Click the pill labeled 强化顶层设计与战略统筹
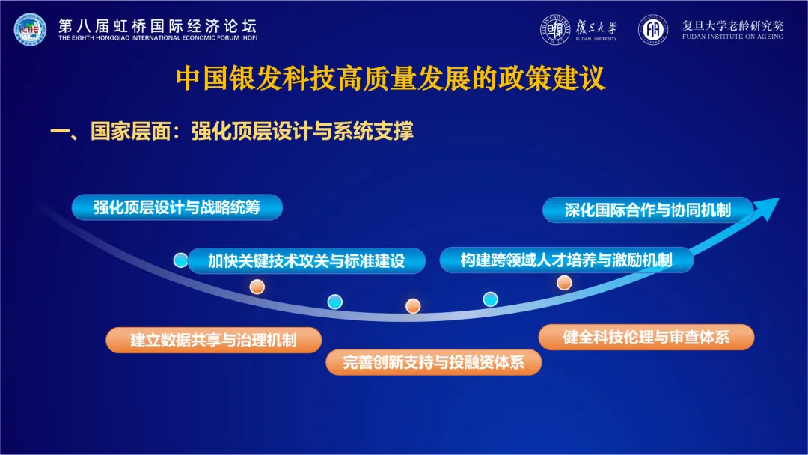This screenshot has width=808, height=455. tap(177, 207)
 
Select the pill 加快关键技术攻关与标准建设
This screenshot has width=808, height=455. tap(307, 260)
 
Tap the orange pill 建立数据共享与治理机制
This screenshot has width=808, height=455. tap(214, 340)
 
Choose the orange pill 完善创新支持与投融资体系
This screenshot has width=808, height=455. tap(433, 362)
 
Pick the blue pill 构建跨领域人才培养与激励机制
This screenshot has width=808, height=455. tap(566, 260)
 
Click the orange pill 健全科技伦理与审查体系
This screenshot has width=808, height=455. tap(646, 337)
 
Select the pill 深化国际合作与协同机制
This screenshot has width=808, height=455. tap(648, 210)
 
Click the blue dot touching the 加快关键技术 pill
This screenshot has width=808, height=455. tap(180, 260)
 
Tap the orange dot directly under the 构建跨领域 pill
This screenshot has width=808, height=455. tap(564, 282)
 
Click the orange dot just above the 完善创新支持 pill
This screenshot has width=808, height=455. tap(413, 305)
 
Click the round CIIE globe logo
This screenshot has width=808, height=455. tap(30, 29)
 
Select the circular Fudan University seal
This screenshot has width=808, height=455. tap(555, 29)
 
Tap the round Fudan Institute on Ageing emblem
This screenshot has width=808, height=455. tap(653, 29)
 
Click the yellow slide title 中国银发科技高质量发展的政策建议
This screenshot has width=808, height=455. tap(391, 79)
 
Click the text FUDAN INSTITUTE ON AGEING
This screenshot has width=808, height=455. tap(732, 37)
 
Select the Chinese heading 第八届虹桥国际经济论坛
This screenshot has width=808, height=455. tap(158, 25)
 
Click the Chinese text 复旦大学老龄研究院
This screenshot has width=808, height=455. tap(732, 25)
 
